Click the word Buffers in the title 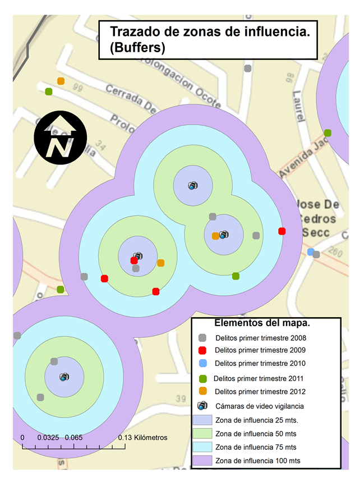[x=137, y=48]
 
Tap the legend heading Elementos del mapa [x=262, y=324]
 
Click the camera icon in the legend [x=202, y=406]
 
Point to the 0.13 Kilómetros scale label [x=142, y=438]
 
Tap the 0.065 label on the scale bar [x=73, y=438]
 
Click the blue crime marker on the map [x=310, y=252]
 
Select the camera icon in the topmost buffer [x=192, y=185]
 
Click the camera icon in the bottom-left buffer [x=64, y=377]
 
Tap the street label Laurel [x=297, y=108]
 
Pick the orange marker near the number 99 [x=61, y=81]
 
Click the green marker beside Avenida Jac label [x=327, y=133]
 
